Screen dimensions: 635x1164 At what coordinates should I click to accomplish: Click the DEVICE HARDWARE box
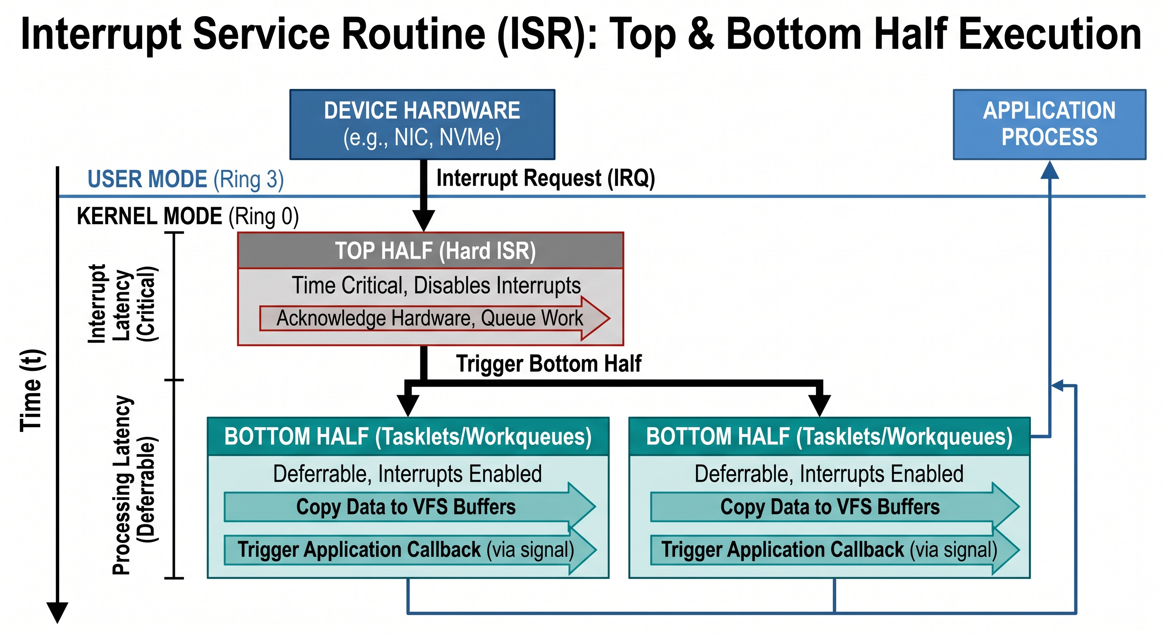(422, 124)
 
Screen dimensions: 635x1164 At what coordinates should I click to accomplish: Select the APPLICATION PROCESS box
(1049, 124)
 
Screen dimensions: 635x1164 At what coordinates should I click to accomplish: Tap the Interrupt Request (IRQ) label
(545, 178)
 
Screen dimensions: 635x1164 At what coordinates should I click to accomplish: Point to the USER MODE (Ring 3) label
(185, 179)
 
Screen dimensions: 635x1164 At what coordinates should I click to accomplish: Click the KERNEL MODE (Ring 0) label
(188, 216)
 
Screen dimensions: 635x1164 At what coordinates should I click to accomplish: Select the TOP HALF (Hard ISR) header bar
(430, 251)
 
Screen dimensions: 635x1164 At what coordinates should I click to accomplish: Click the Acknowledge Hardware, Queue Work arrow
(429, 318)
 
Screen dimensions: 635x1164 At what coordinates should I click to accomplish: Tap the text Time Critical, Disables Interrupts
(436, 286)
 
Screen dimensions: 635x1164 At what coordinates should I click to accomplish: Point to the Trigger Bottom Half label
(548, 364)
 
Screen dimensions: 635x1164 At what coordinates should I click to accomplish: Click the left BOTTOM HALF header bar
(408, 437)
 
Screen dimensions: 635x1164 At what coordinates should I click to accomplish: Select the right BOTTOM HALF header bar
(829, 437)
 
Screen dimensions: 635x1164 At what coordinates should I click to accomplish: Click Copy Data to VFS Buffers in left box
(405, 507)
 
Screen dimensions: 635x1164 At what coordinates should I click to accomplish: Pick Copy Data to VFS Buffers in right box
(830, 507)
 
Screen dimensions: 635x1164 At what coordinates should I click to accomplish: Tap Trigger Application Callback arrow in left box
(405, 550)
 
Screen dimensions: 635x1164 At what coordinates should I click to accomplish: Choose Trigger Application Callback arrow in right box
(830, 550)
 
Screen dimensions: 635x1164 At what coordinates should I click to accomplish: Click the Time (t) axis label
(32, 391)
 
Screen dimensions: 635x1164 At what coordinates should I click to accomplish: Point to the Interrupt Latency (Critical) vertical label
(122, 304)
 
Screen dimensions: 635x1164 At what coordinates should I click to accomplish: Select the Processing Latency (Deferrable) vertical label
(134, 485)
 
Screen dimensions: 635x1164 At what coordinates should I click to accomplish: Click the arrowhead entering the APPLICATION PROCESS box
(1049, 170)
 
